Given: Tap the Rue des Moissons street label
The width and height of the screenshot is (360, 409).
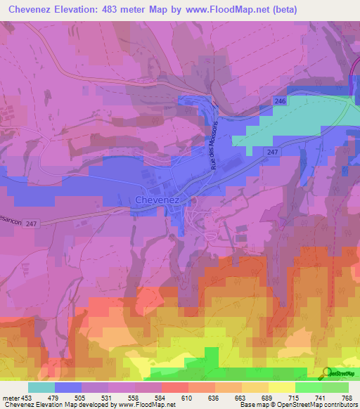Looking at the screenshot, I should pos(214,143).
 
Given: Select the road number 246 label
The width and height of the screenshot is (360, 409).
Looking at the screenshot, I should pos(281,102).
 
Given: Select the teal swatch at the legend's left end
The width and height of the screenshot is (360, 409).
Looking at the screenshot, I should pos(41,387).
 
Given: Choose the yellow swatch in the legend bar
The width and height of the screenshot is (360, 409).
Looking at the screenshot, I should pos(282,387).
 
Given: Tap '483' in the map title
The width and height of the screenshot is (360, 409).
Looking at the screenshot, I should pos(112,9).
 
